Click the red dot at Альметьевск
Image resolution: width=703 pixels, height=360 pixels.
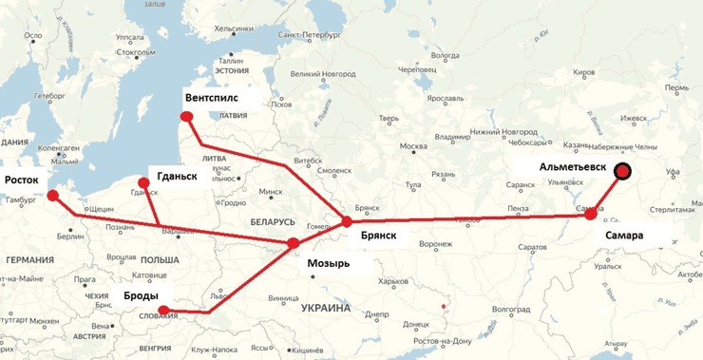pyautogui.click(x=623, y=172)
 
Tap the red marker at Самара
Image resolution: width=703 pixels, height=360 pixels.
pyautogui.click(x=591, y=216)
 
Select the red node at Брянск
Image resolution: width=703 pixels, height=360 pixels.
pyautogui.click(x=346, y=221)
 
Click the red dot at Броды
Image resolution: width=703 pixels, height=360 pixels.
pyautogui.click(x=164, y=310)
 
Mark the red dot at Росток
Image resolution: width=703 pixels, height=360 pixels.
pyautogui.click(x=53, y=196)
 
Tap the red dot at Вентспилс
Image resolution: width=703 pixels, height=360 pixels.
pyautogui.click(x=187, y=118)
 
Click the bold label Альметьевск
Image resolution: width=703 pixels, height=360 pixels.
pyautogui.click(x=573, y=167)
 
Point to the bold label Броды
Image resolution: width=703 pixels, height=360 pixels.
pyautogui.click(x=140, y=295)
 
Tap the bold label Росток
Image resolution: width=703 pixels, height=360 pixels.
pyautogui.click(x=22, y=180)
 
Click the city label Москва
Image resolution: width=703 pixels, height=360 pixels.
pyautogui.click(x=414, y=147)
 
